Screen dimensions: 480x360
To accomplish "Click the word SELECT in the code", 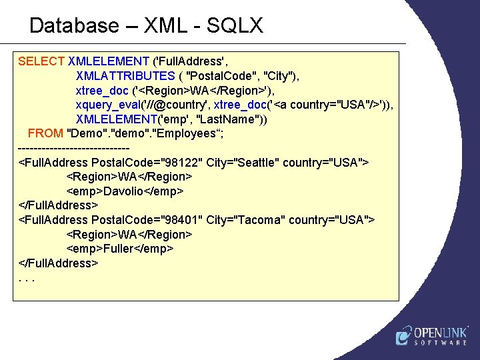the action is pyautogui.click(x=41, y=61).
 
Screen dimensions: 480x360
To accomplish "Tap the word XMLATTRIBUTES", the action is pyautogui.click(x=125, y=76).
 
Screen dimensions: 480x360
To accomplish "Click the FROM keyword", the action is pyautogui.click(x=45, y=133).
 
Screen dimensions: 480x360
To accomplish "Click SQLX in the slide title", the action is pyautogui.click(x=235, y=26).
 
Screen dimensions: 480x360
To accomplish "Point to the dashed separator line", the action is pyautogui.click(x=73, y=148).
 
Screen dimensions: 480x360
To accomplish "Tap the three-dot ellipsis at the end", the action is pyautogui.click(x=27, y=277).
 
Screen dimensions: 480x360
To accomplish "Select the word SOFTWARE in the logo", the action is pyautogui.click(x=441, y=343).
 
